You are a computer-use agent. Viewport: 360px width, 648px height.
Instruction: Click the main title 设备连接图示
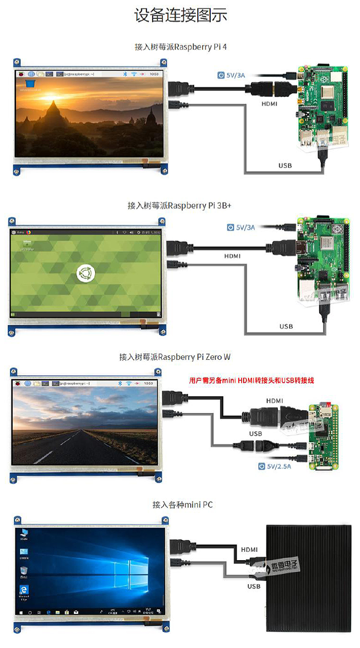click(180, 15)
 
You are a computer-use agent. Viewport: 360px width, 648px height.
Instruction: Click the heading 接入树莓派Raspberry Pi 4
click(180, 47)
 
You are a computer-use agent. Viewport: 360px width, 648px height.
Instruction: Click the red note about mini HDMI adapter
click(252, 380)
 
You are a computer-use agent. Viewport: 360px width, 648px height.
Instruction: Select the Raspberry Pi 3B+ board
click(320, 259)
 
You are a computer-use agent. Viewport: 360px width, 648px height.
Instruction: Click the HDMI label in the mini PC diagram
click(250, 549)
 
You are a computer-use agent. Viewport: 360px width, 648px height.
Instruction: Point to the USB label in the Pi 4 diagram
click(285, 166)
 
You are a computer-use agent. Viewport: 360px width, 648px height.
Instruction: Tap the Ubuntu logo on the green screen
click(85, 274)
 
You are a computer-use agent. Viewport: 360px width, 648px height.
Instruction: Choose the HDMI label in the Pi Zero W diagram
click(275, 401)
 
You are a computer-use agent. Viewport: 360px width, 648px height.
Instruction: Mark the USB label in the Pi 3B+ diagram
click(286, 327)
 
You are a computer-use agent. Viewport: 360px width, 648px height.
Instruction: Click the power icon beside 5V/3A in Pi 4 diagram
click(221, 75)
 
